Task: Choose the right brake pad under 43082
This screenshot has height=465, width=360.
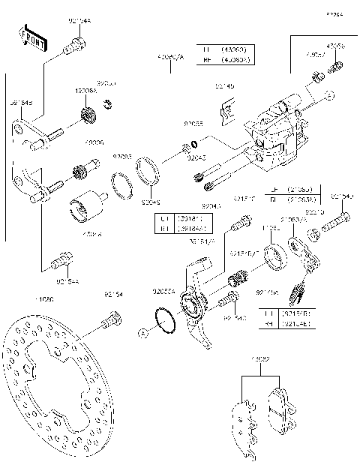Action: point(281,406)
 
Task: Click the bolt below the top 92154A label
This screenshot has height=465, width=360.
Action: point(73,48)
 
